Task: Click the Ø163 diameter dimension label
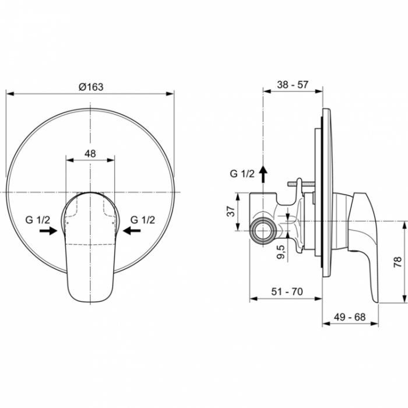pyautogui.click(x=90, y=86)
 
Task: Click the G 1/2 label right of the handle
pyautogui.click(x=142, y=220)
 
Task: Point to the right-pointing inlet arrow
pyautogui.click(x=48, y=231)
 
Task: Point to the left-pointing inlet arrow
pyautogui.click(x=132, y=231)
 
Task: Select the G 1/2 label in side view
pyautogui.click(x=242, y=174)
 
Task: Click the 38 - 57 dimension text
pyautogui.click(x=293, y=85)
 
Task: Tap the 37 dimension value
pyautogui.click(x=231, y=211)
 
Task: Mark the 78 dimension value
pyautogui.click(x=397, y=261)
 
